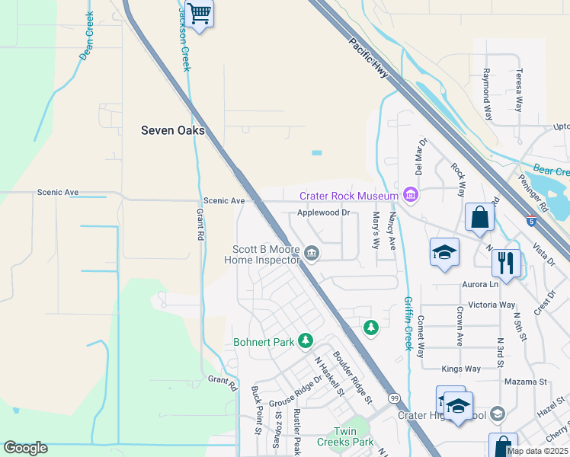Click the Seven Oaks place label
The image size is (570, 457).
173,130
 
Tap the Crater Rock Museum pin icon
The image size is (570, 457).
411,196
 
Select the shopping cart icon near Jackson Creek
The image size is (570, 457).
199,14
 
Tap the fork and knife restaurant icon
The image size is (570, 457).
506,264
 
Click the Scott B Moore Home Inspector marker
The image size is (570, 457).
312,252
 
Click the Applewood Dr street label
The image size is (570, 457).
323,213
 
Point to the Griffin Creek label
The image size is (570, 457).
408,323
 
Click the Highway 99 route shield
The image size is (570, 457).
394,398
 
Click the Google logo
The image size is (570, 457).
25,448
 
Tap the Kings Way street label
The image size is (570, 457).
462,369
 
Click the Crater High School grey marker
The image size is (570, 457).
498,414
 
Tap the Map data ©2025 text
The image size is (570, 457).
536,451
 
